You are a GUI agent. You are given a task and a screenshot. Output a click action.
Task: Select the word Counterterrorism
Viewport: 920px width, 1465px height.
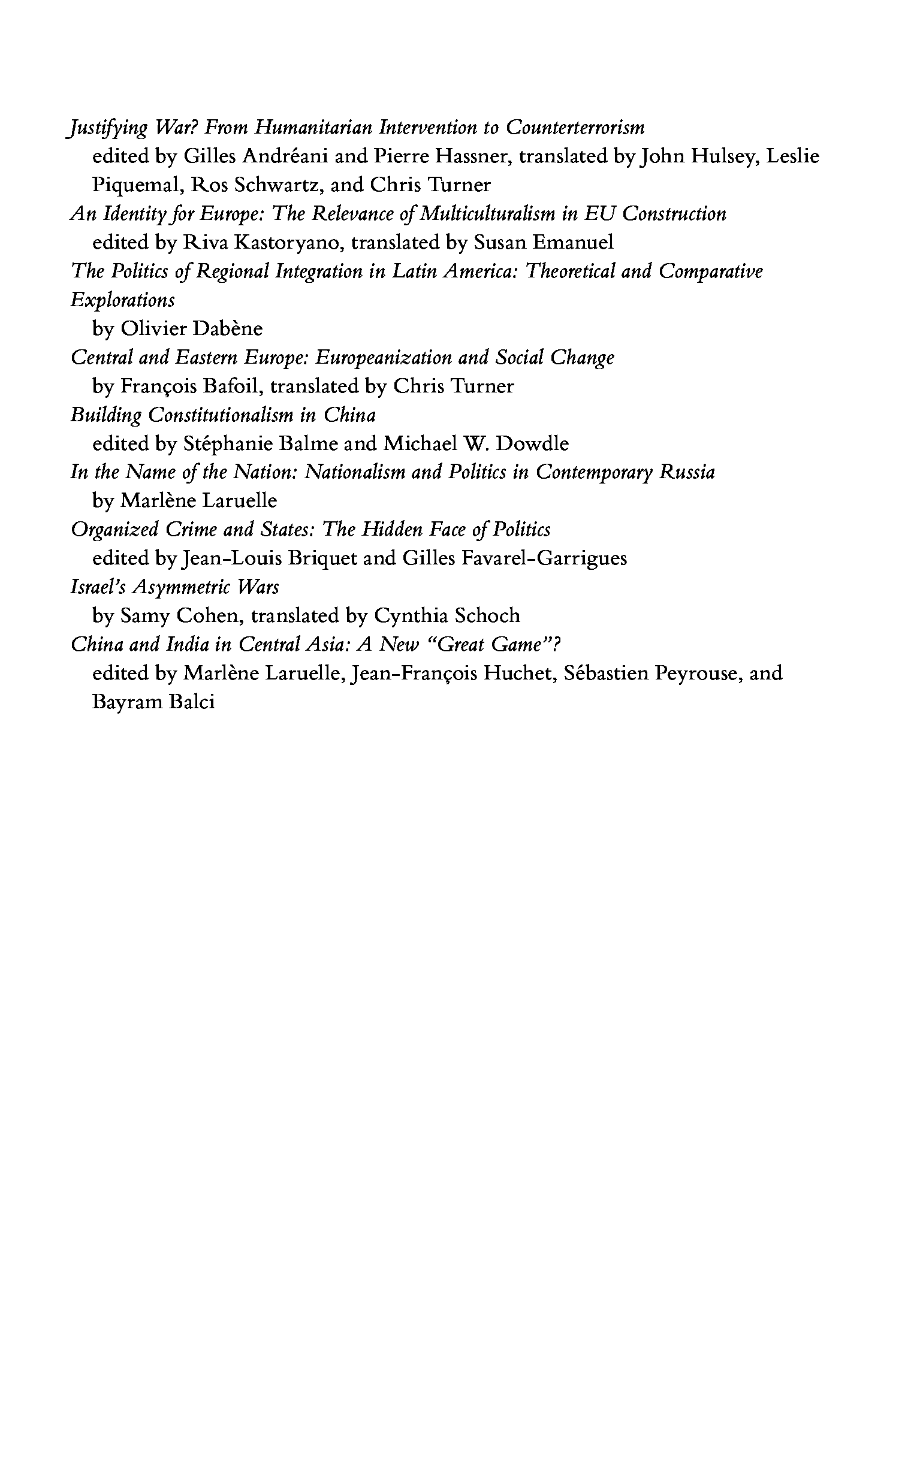click(575, 128)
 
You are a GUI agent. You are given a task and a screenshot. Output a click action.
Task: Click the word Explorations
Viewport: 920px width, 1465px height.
click(122, 300)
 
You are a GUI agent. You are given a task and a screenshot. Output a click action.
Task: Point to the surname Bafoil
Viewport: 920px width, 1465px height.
click(232, 386)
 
